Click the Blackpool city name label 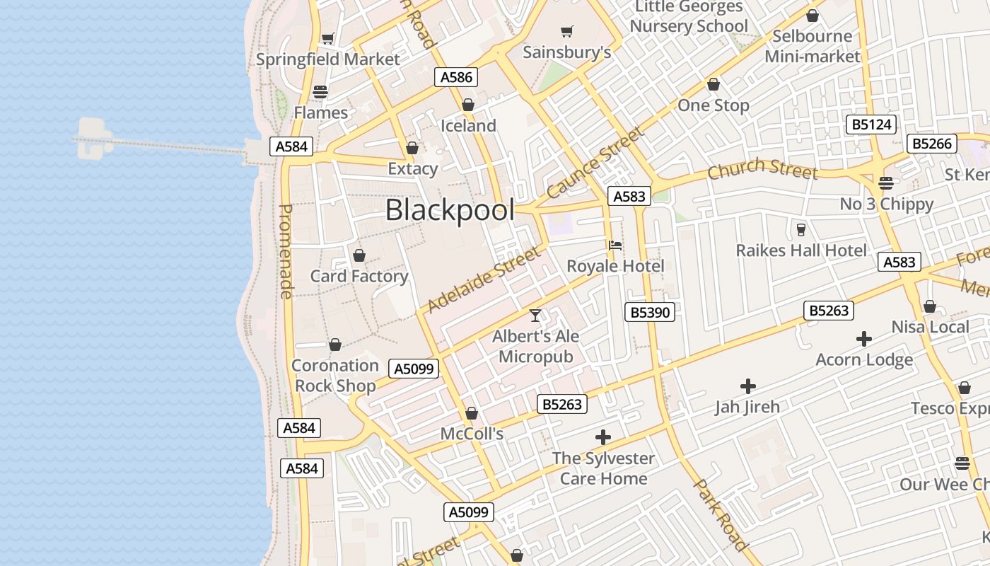pos(450,210)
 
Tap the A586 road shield pos(456,77)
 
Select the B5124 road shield pos(871,125)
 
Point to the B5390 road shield pos(650,312)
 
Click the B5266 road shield pos(931,144)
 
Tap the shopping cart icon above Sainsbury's pos(566,31)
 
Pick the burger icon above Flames pos(320,91)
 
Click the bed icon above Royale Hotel pos(615,246)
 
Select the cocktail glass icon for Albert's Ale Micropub pos(535,316)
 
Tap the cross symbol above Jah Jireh pos(747,386)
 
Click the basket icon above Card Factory pos(359,255)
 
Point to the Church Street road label pos(762,169)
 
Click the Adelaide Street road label pos(483,279)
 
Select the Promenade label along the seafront pos(286,251)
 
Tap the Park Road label pos(720,514)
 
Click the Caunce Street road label pos(596,162)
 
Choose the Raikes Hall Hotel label pos(801,250)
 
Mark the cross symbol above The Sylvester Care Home pos(603,437)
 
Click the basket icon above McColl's pos(472,413)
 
